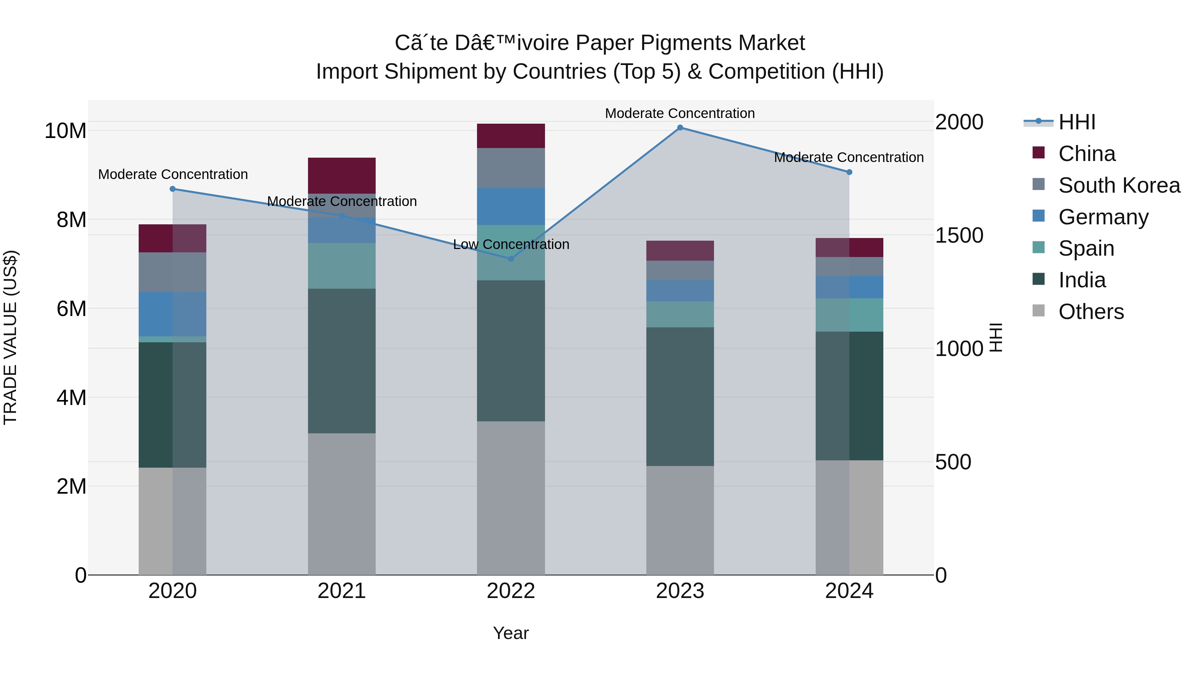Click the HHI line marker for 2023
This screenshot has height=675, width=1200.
680,128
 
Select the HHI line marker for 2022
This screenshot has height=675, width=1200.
511,259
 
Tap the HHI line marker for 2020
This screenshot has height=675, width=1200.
172,189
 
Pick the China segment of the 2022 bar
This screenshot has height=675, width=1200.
511,136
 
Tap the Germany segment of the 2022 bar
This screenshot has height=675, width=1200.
511,206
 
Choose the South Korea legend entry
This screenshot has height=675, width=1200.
1119,185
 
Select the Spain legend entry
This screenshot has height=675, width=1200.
1086,248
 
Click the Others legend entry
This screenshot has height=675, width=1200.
1091,312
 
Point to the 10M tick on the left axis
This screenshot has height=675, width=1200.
65,131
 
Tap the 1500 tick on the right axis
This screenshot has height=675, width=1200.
959,235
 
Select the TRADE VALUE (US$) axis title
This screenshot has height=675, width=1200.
10,337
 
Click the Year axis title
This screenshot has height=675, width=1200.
511,633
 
